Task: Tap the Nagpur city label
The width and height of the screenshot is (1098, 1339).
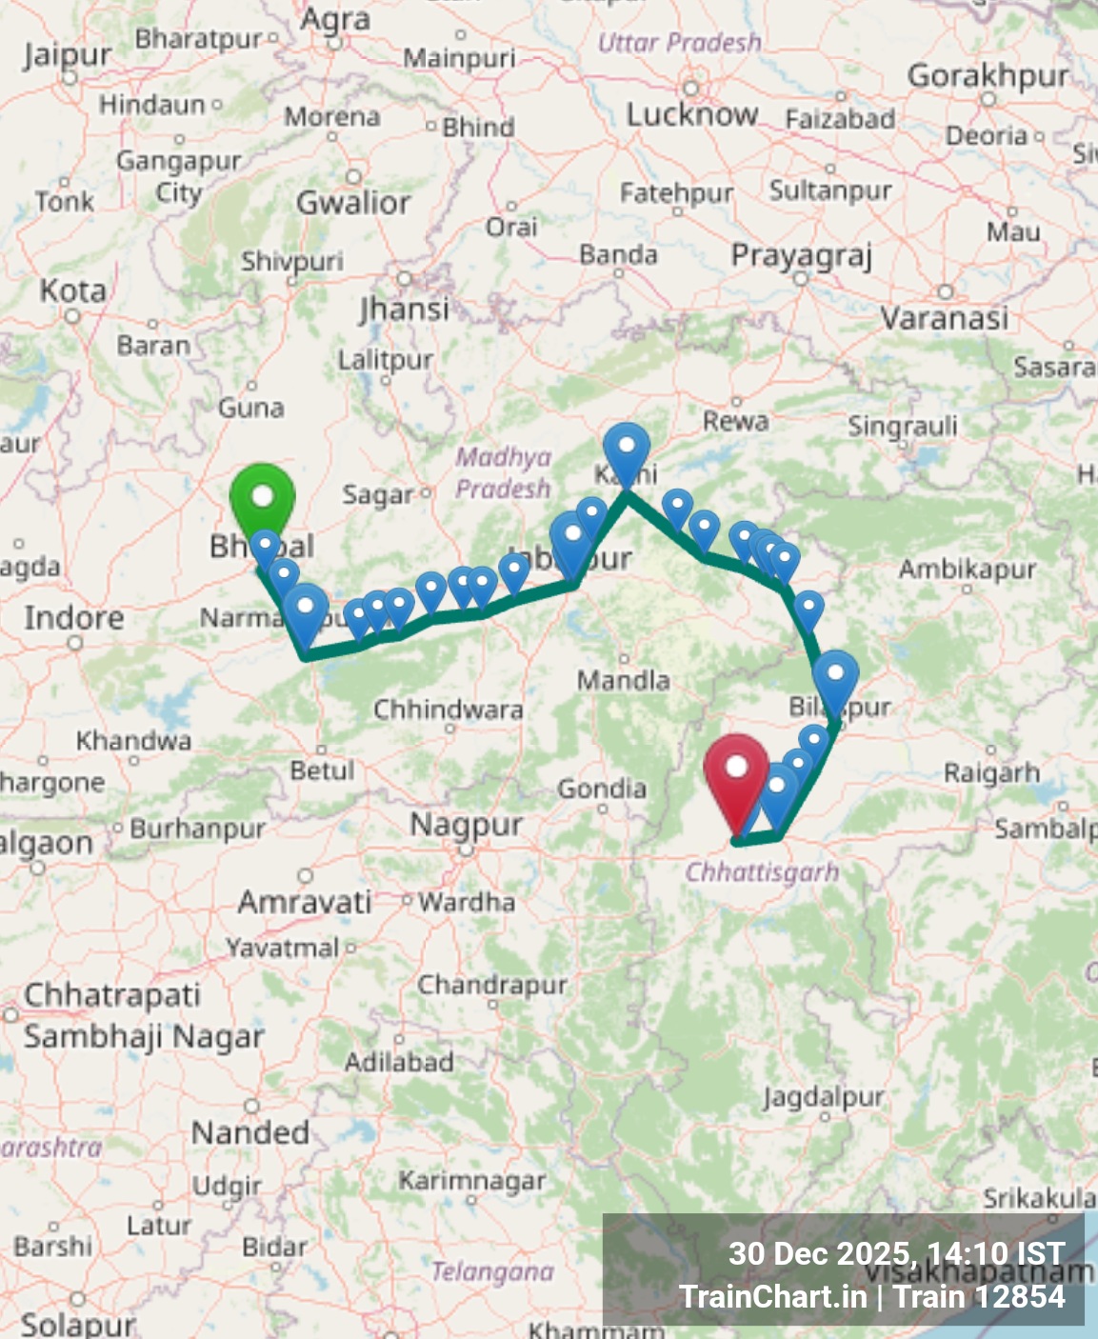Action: point(466,825)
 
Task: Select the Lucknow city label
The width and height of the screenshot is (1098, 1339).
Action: point(692,115)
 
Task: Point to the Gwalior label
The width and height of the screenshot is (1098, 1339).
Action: point(353,203)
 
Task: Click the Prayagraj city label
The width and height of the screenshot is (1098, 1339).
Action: point(801,256)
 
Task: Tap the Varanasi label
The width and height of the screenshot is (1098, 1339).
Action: point(944,318)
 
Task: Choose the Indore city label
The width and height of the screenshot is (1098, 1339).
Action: point(74,618)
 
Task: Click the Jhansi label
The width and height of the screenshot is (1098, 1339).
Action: point(404,309)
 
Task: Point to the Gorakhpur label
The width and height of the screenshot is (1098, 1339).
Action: point(988,75)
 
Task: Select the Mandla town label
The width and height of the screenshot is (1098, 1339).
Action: point(624,680)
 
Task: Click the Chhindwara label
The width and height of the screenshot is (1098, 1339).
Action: point(448,709)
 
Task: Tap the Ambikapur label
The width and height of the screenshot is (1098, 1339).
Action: point(968,570)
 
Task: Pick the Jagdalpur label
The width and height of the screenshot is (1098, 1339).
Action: point(823,1098)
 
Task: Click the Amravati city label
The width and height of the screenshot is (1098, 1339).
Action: point(305,902)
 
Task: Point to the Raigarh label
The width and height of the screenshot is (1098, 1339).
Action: point(991,772)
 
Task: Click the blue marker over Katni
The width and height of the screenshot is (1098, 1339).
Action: point(627,448)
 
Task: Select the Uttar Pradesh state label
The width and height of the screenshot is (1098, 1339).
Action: point(679,43)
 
